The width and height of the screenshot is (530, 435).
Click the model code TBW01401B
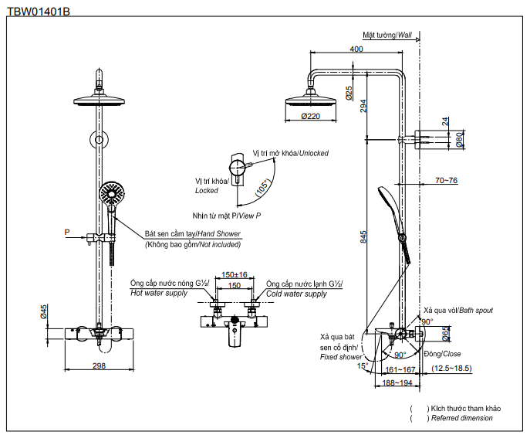click(38, 12)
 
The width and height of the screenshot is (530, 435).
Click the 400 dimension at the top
click(356, 49)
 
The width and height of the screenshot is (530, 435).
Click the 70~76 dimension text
click(447, 180)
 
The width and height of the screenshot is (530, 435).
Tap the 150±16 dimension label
click(234, 274)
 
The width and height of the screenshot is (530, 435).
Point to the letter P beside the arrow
click(67, 231)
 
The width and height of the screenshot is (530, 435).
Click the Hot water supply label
click(158, 294)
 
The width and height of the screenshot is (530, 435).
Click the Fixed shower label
click(340, 356)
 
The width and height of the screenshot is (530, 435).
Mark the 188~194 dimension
click(396, 382)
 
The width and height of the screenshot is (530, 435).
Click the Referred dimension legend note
click(463, 418)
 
